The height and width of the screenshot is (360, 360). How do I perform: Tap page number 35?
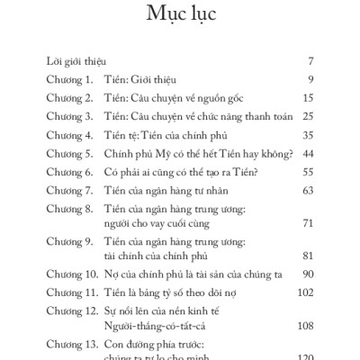tap(306, 134)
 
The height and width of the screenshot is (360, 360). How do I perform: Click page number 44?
tap(306, 153)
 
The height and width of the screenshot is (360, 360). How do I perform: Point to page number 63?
tap(306, 190)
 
